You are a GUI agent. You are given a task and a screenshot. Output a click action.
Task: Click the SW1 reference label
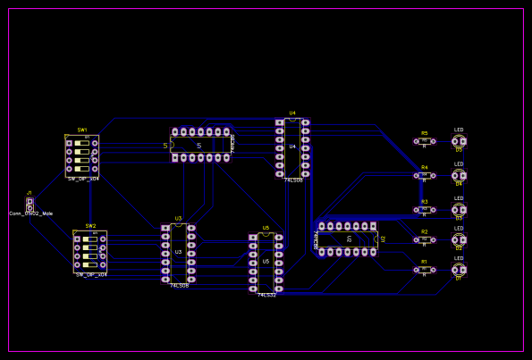point(82,130)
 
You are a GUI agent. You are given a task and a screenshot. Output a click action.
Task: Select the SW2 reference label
point(90,226)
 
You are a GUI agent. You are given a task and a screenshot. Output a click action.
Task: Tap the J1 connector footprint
point(30,204)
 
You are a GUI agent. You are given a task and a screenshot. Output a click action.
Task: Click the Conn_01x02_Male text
point(31,213)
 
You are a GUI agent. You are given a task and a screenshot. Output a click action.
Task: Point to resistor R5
point(425,141)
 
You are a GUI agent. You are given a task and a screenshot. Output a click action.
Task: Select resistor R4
point(425,175)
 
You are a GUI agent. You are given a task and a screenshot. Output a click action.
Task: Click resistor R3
point(425,209)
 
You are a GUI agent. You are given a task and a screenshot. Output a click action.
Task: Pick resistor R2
point(425,239)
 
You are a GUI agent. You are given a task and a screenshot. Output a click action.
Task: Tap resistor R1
point(425,269)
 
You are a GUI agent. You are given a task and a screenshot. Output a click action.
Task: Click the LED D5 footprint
point(459,141)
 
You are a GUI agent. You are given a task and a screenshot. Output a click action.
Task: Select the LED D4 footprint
point(459,175)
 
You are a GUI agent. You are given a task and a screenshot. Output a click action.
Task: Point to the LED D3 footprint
point(459,209)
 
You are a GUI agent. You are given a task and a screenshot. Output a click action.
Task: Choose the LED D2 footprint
point(459,239)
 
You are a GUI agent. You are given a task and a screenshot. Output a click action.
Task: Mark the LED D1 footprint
point(459,269)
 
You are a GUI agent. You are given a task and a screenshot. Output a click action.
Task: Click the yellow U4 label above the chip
point(292,113)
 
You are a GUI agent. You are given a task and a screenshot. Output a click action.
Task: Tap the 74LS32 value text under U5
point(266,295)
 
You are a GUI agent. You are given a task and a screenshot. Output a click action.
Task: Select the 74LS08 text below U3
point(179,286)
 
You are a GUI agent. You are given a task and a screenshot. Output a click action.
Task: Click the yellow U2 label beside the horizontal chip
point(384,239)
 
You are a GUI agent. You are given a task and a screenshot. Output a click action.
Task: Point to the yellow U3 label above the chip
point(178,219)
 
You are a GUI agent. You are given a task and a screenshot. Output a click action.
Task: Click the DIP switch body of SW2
point(89,252)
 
